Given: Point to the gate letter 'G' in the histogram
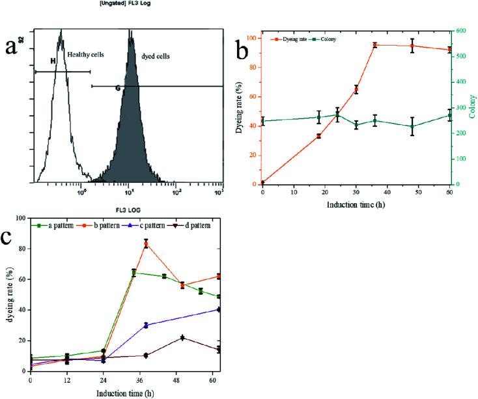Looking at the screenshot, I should [117, 87].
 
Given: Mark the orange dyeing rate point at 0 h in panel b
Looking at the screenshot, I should [262, 184].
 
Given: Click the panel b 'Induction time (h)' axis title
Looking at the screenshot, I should [356, 204].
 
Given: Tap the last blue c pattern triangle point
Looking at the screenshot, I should [219, 309].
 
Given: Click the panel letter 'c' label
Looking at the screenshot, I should [9, 236].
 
